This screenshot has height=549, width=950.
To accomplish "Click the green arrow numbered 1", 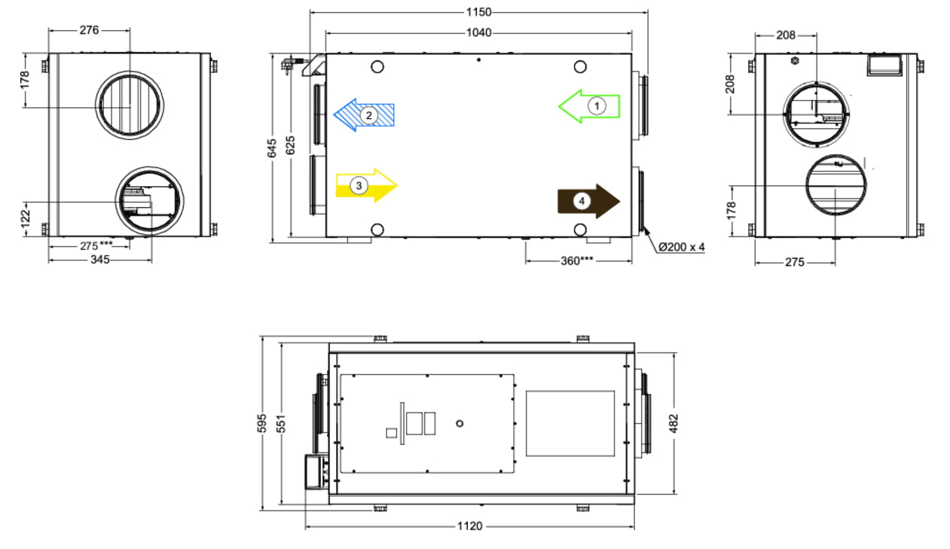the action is pyautogui.click(x=589, y=106).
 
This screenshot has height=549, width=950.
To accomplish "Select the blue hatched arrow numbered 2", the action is pyautogui.click(x=364, y=115).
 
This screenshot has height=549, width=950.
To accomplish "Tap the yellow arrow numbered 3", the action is pyautogui.click(x=366, y=186).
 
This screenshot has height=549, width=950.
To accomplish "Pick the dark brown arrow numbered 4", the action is pyautogui.click(x=589, y=201).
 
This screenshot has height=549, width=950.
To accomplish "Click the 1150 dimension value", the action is pyautogui.click(x=479, y=12).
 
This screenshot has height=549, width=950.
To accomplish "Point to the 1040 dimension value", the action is pyautogui.click(x=479, y=32).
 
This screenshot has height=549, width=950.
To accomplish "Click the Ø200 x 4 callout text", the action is pyautogui.click(x=682, y=247).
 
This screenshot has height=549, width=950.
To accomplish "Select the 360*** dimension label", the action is pyautogui.click(x=577, y=261).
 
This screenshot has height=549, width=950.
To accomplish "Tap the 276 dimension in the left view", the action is pyautogui.click(x=89, y=30).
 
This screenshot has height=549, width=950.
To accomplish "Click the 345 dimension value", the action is pyautogui.click(x=100, y=260).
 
